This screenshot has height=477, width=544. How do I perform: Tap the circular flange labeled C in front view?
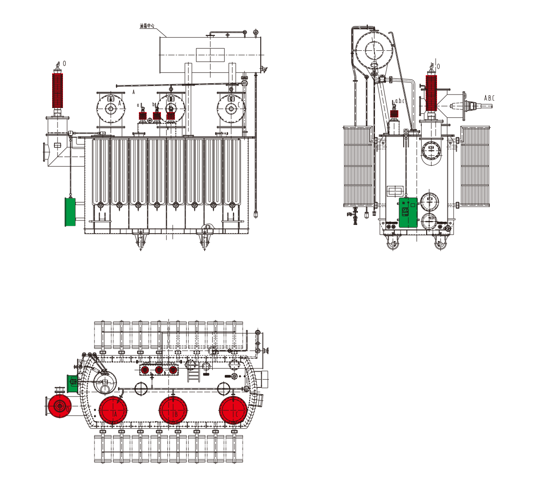click(x=231, y=108)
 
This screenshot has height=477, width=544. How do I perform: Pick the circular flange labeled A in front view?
click(x=111, y=108)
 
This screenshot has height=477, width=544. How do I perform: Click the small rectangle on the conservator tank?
click(x=210, y=55)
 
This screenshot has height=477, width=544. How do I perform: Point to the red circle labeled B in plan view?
click(x=173, y=410)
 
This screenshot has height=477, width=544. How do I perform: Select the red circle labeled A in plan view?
click(x=113, y=410)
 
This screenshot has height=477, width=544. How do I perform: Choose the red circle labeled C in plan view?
click(x=233, y=410)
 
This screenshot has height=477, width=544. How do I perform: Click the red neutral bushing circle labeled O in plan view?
click(x=58, y=406)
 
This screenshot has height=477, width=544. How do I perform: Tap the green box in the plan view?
click(x=72, y=383)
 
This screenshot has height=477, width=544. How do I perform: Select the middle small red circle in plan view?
click(x=159, y=370)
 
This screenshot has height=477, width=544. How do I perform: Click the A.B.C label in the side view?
click(x=489, y=98)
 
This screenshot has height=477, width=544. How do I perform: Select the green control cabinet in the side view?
click(x=408, y=211)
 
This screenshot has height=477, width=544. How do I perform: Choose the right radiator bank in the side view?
click(x=475, y=166)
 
